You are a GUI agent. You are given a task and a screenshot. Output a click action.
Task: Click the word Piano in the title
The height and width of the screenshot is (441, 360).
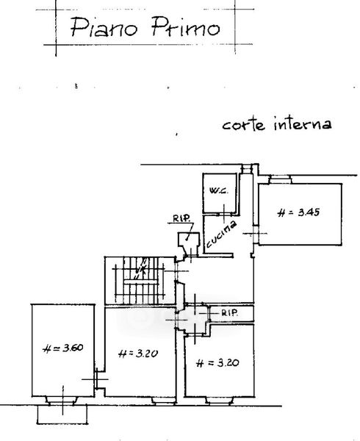coord(104,27)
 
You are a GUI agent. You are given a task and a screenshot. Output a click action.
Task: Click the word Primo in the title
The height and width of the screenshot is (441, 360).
coord(185,26)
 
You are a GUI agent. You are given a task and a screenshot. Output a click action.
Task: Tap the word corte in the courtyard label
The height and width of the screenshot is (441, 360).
coord(244,125)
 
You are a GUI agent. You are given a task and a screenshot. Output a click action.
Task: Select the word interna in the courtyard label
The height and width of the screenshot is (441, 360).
coord(303,124)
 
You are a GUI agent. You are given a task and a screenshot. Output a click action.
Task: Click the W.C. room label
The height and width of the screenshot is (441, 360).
coord(219,190)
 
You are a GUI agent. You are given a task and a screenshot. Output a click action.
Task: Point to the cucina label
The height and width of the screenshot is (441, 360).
coord(221,234)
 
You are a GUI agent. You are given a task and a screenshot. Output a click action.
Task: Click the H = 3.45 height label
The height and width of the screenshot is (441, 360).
coord(298,212)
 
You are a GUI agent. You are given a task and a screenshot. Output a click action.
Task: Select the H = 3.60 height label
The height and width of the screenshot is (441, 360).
coord(63,348)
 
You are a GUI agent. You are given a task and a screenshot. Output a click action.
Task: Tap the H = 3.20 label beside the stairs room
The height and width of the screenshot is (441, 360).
coord(138,354)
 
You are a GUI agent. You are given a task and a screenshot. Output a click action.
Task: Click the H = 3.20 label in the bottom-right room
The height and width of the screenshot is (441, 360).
coord(217,363)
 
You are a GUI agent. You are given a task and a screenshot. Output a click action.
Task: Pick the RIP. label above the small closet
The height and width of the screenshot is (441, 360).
coord(181,218)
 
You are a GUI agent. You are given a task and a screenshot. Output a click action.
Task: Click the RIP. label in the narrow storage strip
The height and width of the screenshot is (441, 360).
coord(230,313)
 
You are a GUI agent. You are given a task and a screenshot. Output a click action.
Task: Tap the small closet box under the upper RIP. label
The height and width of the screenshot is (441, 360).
coord(189,240)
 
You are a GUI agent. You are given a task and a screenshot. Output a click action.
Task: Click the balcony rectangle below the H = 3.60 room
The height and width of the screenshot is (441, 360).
coord(62,415)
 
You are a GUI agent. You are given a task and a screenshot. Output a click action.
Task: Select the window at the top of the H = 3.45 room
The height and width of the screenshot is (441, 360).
coord(279,179)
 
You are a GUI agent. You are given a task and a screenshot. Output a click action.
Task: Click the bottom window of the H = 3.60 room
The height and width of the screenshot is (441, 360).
coord(62,401)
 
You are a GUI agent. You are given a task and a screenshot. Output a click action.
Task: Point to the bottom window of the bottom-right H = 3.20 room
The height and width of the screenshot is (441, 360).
coord(220,401)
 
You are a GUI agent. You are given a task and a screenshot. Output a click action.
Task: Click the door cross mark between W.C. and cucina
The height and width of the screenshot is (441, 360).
coord(224,215)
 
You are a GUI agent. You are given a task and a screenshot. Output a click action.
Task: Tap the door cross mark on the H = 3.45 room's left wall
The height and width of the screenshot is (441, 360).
coord(255,234)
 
